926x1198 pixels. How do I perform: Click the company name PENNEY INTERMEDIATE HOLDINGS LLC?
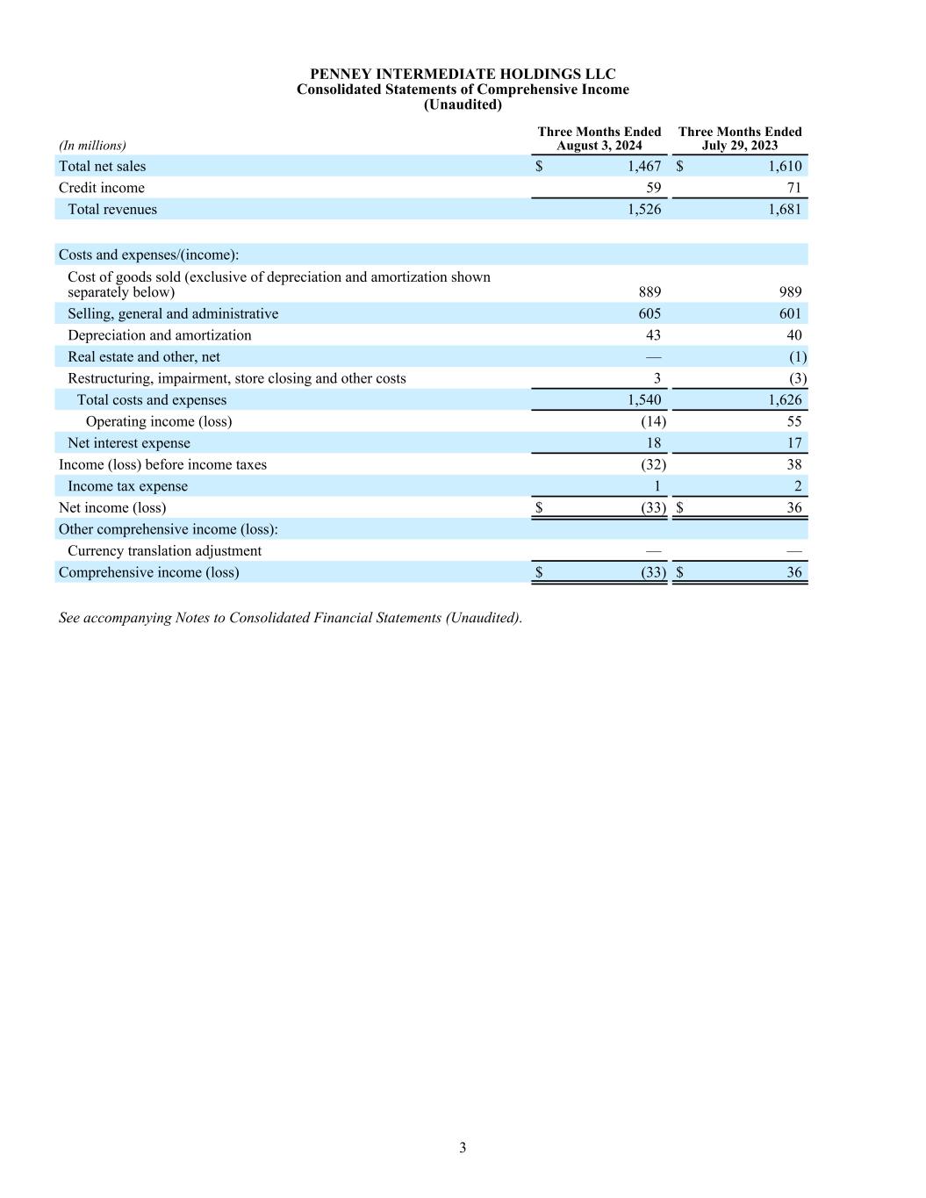point(463,75)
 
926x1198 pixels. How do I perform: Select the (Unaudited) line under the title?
point(463,104)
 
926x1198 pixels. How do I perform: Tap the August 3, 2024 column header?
point(599,139)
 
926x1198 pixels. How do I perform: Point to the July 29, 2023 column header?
point(740,139)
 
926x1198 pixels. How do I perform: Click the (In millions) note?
point(92,146)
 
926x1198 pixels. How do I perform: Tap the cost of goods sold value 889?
point(650,292)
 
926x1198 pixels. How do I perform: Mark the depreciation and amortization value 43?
point(653,335)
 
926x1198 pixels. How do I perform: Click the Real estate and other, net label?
point(144,356)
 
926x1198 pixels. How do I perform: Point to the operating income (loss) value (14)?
point(653,421)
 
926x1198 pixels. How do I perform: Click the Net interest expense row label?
point(129,443)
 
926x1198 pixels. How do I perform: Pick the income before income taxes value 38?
point(793,464)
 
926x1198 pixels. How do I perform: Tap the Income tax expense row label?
point(127,486)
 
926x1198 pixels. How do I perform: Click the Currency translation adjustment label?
point(164,550)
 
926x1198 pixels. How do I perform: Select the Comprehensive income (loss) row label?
point(148,572)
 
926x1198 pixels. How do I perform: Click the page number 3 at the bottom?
point(463,1148)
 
